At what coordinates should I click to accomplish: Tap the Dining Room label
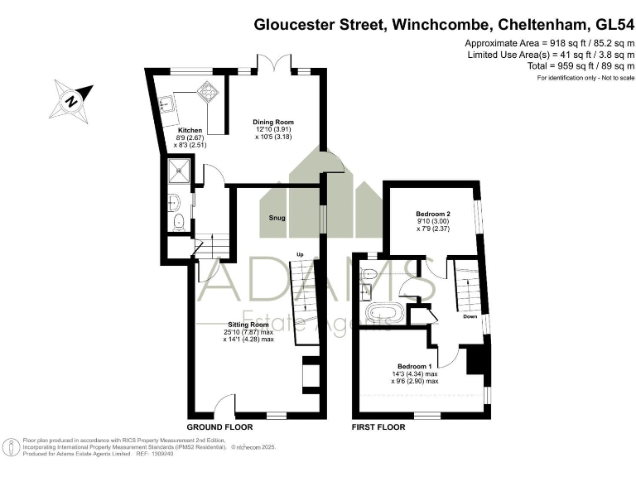click(x=274, y=123)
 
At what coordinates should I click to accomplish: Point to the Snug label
click(x=277, y=218)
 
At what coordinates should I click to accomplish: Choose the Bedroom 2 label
click(x=432, y=214)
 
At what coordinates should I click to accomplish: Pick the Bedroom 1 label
click(x=414, y=366)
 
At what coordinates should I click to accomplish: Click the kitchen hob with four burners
click(x=206, y=93)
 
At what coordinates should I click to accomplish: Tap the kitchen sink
click(x=167, y=105)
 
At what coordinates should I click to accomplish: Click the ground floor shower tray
click(x=179, y=172)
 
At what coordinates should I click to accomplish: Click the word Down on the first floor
click(x=470, y=316)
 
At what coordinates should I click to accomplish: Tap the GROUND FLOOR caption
click(x=219, y=426)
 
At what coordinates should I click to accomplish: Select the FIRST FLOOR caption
click(x=378, y=426)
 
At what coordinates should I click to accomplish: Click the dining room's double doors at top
click(x=273, y=64)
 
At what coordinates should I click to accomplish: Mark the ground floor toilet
click(x=180, y=220)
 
